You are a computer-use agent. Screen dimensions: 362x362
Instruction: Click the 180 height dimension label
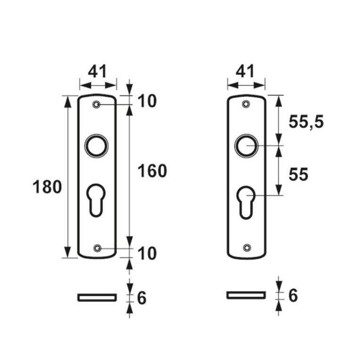point(47,187)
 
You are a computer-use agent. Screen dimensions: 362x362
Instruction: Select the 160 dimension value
point(152,171)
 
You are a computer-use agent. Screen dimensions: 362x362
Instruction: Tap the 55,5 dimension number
point(306,122)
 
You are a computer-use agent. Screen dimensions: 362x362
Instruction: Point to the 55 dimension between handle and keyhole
point(298,174)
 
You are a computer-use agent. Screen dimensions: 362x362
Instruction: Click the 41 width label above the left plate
point(98,71)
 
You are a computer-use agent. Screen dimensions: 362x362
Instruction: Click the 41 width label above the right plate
point(245,71)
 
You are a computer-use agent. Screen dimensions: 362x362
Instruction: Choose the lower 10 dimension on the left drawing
point(147,253)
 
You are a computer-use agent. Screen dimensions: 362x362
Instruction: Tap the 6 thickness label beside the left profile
point(142,298)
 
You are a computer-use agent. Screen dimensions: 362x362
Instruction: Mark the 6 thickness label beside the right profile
point(293,295)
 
